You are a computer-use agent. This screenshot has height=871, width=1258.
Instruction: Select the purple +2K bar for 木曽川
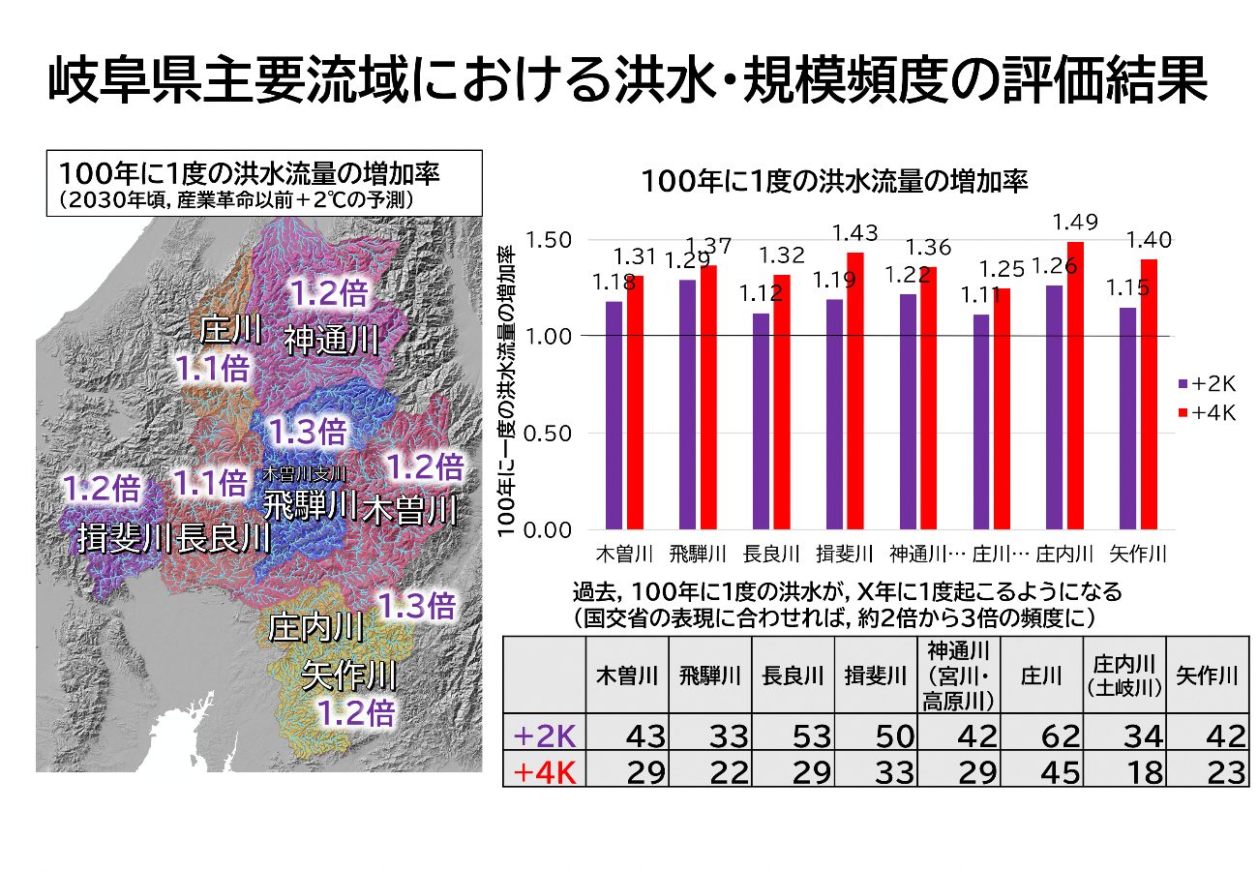614,415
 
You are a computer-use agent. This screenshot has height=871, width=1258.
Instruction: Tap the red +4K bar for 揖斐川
854,391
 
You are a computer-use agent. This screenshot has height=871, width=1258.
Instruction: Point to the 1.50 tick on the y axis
550,240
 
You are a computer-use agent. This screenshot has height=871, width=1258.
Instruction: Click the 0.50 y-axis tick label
550,434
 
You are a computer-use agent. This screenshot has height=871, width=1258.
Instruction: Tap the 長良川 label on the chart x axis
771,555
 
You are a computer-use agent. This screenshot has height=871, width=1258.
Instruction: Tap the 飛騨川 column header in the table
709,676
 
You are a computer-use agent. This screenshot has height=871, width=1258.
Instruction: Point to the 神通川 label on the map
331,340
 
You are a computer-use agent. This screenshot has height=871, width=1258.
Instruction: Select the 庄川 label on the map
230,330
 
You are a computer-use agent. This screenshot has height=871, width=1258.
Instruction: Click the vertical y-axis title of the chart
504,387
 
